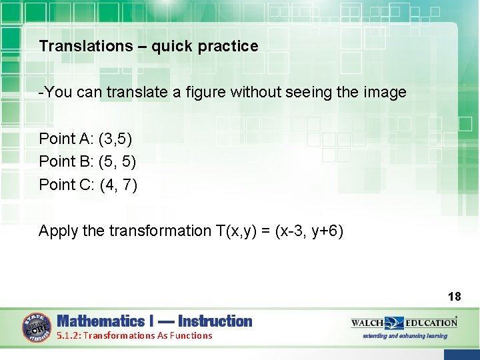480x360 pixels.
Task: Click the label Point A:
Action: point(66,139)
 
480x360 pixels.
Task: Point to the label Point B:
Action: point(66,161)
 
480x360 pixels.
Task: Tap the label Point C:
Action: point(67,185)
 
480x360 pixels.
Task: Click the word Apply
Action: point(58,231)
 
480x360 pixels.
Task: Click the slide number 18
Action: point(455,296)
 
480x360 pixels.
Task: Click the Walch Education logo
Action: point(404,323)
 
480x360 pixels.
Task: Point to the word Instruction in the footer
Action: point(215,321)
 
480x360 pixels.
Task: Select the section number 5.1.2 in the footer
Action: point(69,336)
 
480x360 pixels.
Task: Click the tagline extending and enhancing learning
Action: point(405,336)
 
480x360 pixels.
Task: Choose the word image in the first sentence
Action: point(385,93)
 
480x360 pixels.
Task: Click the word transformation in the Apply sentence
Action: point(157,231)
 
